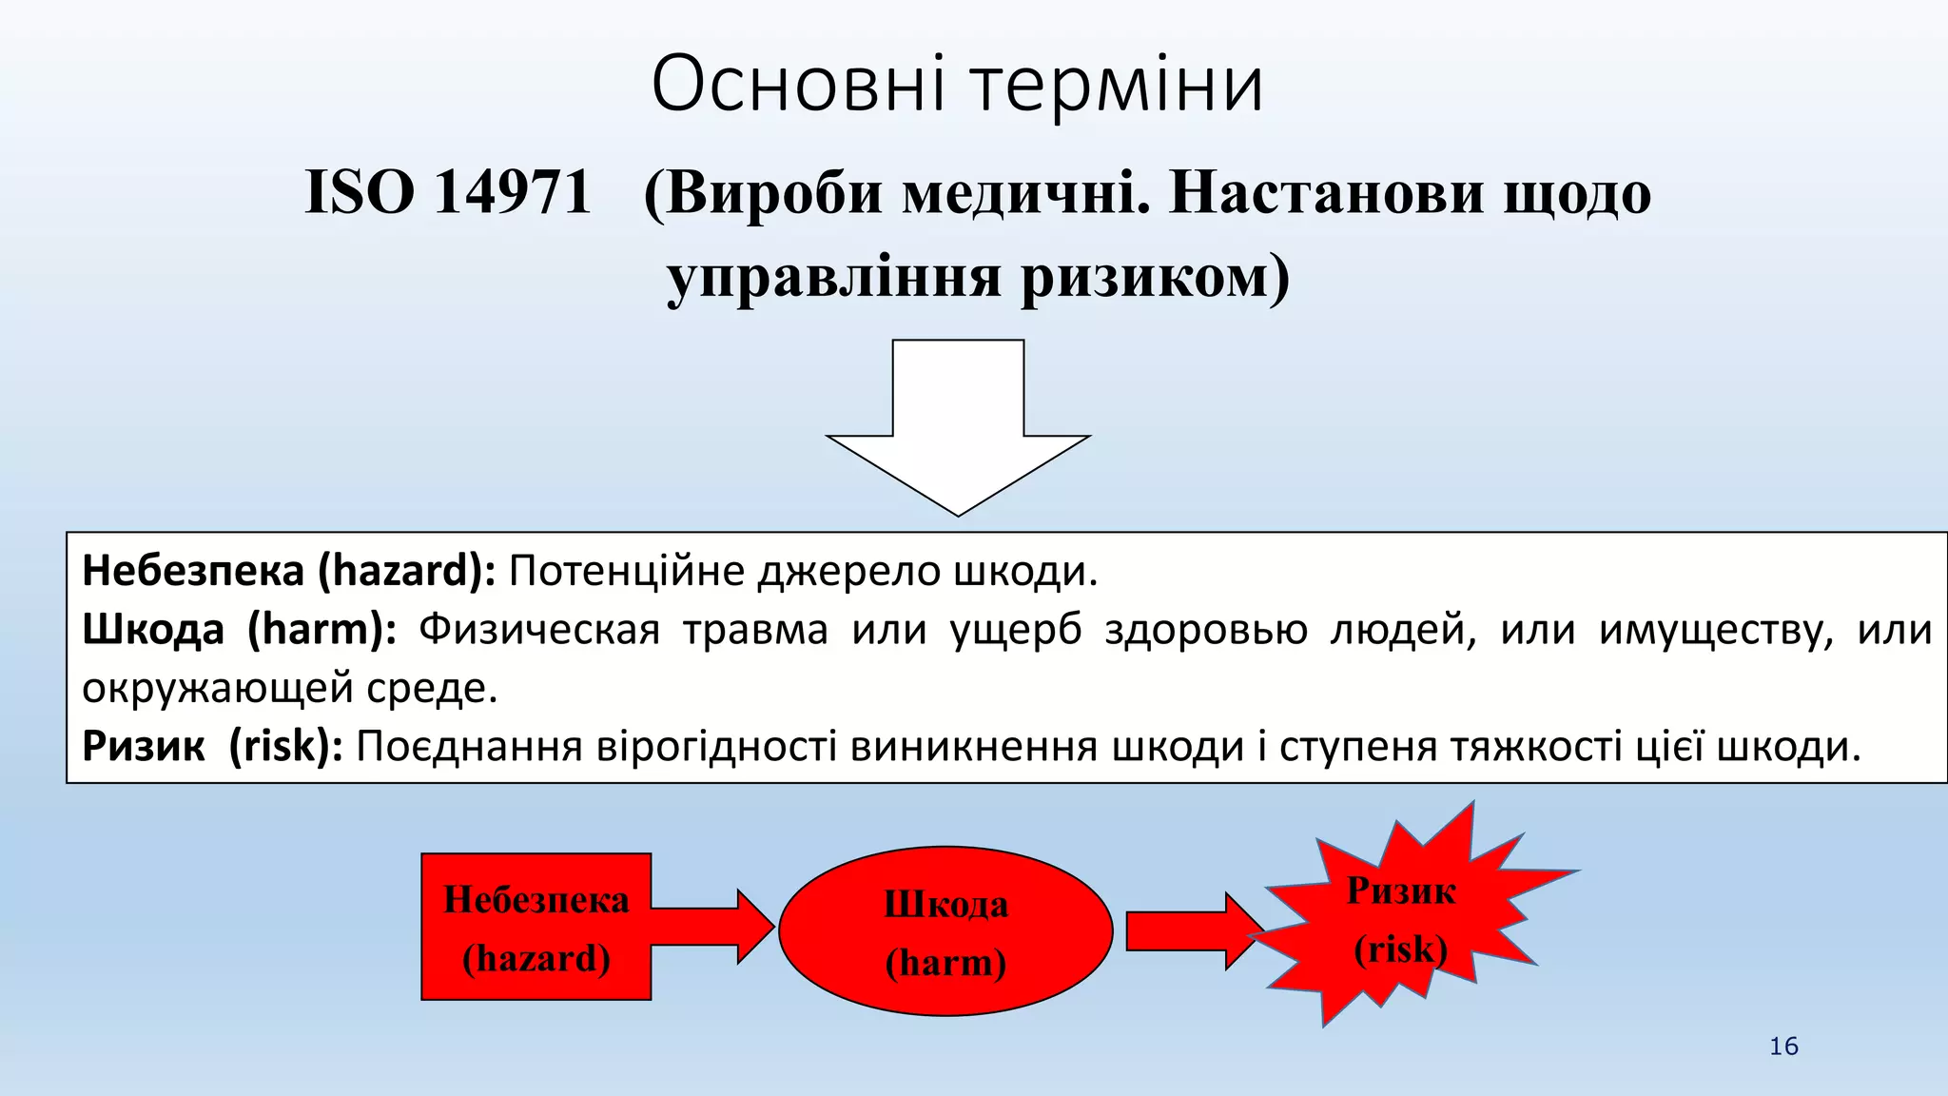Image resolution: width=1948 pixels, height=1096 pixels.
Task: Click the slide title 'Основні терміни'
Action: tap(958, 85)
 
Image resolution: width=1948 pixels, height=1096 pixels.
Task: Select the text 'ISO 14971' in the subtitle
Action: tap(448, 192)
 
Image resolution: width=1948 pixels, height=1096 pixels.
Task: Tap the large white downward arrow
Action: tap(958, 428)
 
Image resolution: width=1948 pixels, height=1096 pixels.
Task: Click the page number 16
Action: tap(1783, 1047)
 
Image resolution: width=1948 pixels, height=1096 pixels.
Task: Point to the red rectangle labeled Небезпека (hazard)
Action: tap(536, 927)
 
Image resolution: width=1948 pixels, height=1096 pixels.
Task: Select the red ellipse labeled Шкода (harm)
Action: tap(945, 931)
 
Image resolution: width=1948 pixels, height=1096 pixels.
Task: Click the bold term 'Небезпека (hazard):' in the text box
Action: tap(288, 571)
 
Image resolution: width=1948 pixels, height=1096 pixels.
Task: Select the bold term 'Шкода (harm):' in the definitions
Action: tap(239, 630)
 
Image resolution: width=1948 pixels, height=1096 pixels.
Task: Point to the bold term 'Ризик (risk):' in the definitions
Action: tap(211, 747)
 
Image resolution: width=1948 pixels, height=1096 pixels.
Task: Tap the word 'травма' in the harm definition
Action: tap(755, 630)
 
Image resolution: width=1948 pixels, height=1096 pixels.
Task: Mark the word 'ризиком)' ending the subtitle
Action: tap(1156, 278)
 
